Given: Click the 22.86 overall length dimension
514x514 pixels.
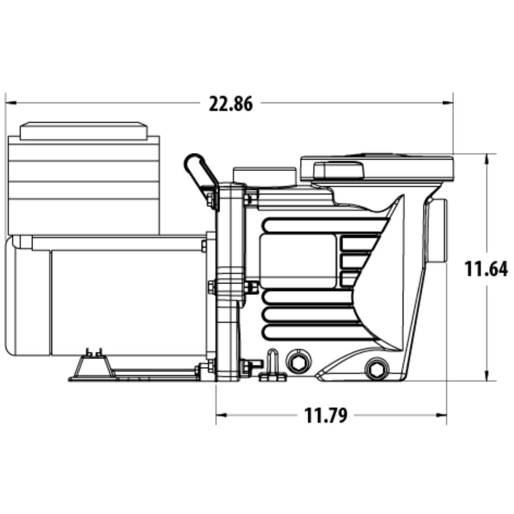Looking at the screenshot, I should click(231, 104).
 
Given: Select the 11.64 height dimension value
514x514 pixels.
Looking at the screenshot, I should click(486, 269).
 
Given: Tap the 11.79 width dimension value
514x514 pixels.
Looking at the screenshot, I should click(326, 416).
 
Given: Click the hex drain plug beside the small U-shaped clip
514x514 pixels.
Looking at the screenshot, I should click(298, 361).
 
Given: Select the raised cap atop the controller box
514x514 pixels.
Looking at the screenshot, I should click(84, 131).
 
